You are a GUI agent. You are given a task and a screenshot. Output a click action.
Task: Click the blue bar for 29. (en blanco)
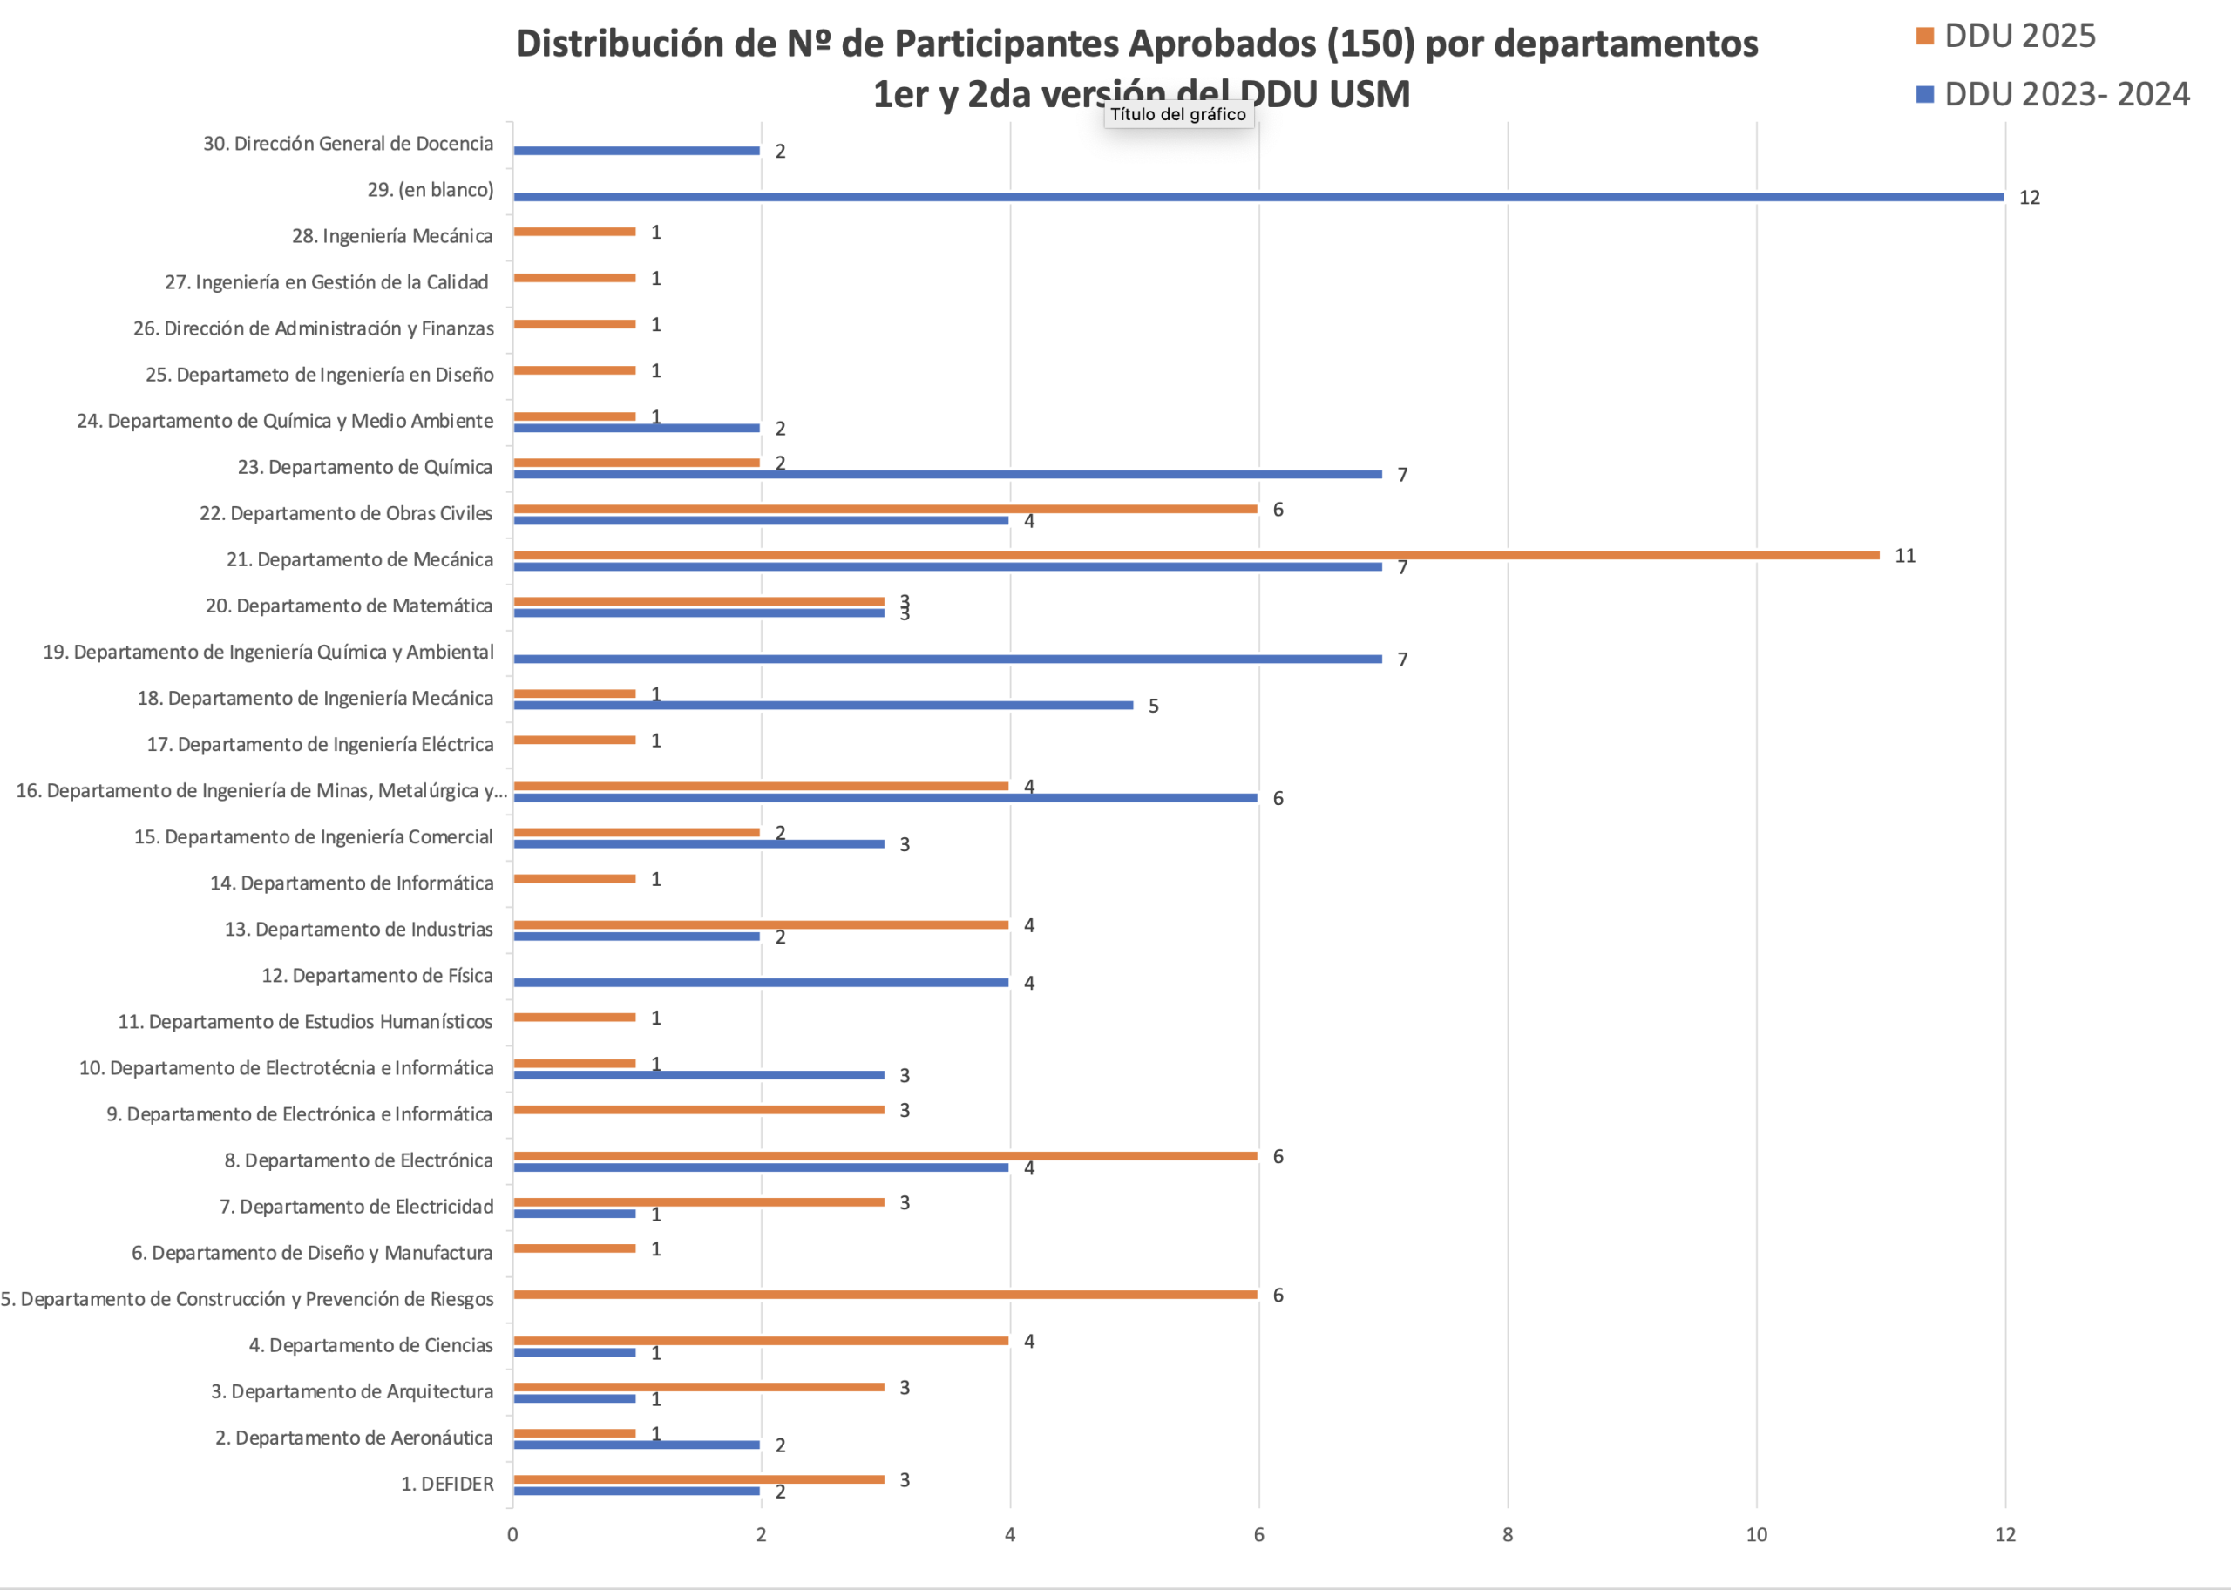pyautogui.click(x=1258, y=197)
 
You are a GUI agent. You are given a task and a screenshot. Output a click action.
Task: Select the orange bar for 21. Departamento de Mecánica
pyautogui.click(x=1195, y=555)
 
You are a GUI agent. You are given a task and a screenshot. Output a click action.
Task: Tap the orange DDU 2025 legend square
pyautogui.click(x=1924, y=37)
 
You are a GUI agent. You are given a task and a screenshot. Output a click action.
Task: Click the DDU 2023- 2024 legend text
pyautogui.click(x=2066, y=94)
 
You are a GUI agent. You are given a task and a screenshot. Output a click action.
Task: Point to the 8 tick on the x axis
pyautogui.click(x=1508, y=1534)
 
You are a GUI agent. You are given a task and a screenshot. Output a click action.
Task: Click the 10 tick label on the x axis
pyautogui.click(x=1756, y=1534)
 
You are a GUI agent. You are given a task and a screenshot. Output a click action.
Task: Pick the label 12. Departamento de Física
pyautogui.click(x=377, y=975)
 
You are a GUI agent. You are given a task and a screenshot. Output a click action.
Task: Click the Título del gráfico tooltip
pyautogui.click(x=1178, y=114)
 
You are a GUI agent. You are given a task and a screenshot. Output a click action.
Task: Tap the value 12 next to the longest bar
pyautogui.click(x=2029, y=198)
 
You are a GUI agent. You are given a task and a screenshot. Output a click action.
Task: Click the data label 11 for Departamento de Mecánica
pyautogui.click(x=1904, y=556)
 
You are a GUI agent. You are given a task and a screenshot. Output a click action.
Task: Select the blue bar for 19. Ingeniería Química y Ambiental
pyautogui.click(x=947, y=659)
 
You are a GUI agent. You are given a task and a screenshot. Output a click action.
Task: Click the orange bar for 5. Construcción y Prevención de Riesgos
pyautogui.click(x=885, y=1295)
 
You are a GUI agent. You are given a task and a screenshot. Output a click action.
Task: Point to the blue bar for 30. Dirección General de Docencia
pyautogui.click(x=636, y=151)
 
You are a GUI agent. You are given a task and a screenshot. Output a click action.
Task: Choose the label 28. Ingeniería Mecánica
pyautogui.click(x=392, y=236)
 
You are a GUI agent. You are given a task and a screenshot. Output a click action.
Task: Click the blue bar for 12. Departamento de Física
pyautogui.click(x=760, y=982)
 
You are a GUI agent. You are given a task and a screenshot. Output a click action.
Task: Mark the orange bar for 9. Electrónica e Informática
pyautogui.click(x=698, y=1109)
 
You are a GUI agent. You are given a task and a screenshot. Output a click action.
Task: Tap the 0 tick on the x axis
pyautogui.click(x=512, y=1534)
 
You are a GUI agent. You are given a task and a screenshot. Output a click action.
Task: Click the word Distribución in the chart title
pyautogui.click(x=646, y=44)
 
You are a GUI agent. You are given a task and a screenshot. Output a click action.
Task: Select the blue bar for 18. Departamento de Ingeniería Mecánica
pyautogui.click(x=823, y=705)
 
